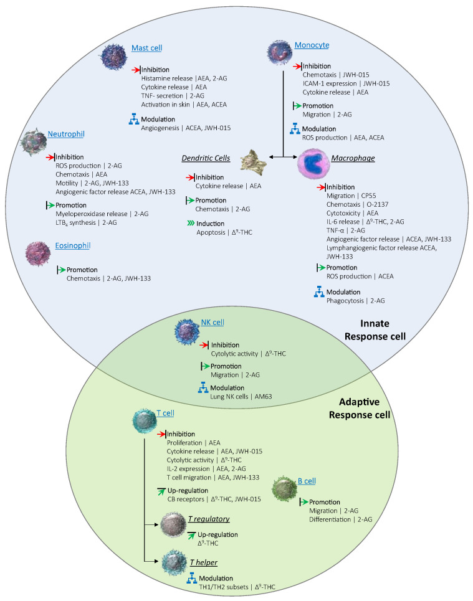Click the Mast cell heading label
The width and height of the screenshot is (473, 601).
pyautogui.click(x=147, y=49)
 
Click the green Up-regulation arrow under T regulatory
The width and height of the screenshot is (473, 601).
pyautogui.click(x=191, y=535)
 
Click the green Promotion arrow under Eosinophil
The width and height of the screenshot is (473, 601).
pyautogui.click(x=61, y=270)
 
